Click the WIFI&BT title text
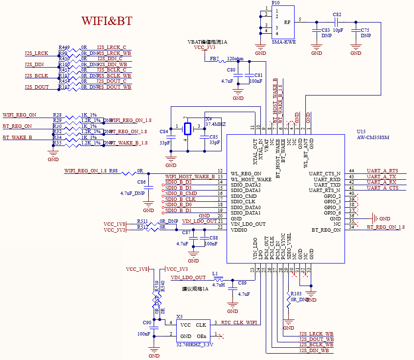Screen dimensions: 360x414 107,21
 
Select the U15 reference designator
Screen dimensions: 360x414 361,132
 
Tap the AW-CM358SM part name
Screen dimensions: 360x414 372,138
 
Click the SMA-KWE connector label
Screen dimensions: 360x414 283,43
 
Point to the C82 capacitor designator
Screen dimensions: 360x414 337,15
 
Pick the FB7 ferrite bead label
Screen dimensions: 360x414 214,58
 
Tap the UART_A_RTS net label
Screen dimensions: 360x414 382,170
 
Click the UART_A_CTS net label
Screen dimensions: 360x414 382,188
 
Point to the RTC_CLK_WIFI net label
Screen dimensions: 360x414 239,322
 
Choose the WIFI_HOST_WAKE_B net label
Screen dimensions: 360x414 190,176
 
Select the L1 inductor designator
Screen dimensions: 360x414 215,273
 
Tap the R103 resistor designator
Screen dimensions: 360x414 297,294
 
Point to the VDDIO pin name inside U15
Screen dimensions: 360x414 239,230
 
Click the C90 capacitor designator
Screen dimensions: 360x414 146,323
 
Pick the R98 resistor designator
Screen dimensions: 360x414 113,170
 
